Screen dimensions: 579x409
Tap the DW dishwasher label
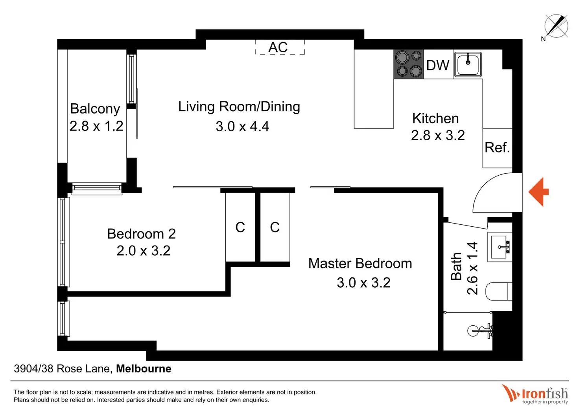tap(438, 65)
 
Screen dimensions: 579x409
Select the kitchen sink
tap(468, 64)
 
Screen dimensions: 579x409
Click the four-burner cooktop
tap(409, 64)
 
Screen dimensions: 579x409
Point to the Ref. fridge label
tap(497, 147)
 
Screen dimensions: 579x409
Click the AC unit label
tap(278, 47)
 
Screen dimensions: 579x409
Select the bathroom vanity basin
tap(500, 247)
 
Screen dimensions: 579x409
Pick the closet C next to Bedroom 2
tap(240, 227)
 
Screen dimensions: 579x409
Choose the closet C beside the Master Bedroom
tap(275, 227)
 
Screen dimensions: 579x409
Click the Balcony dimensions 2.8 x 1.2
tap(96, 126)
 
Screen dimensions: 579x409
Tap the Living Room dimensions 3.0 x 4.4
tap(242, 127)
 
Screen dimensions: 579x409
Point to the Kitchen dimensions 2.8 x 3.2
tap(438, 135)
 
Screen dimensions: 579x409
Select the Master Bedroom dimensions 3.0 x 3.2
tap(363, 283)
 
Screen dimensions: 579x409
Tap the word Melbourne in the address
tap(144, 369)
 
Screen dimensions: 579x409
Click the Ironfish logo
tap(535, 394)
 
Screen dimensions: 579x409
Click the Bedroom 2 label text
tap(141, 234)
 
